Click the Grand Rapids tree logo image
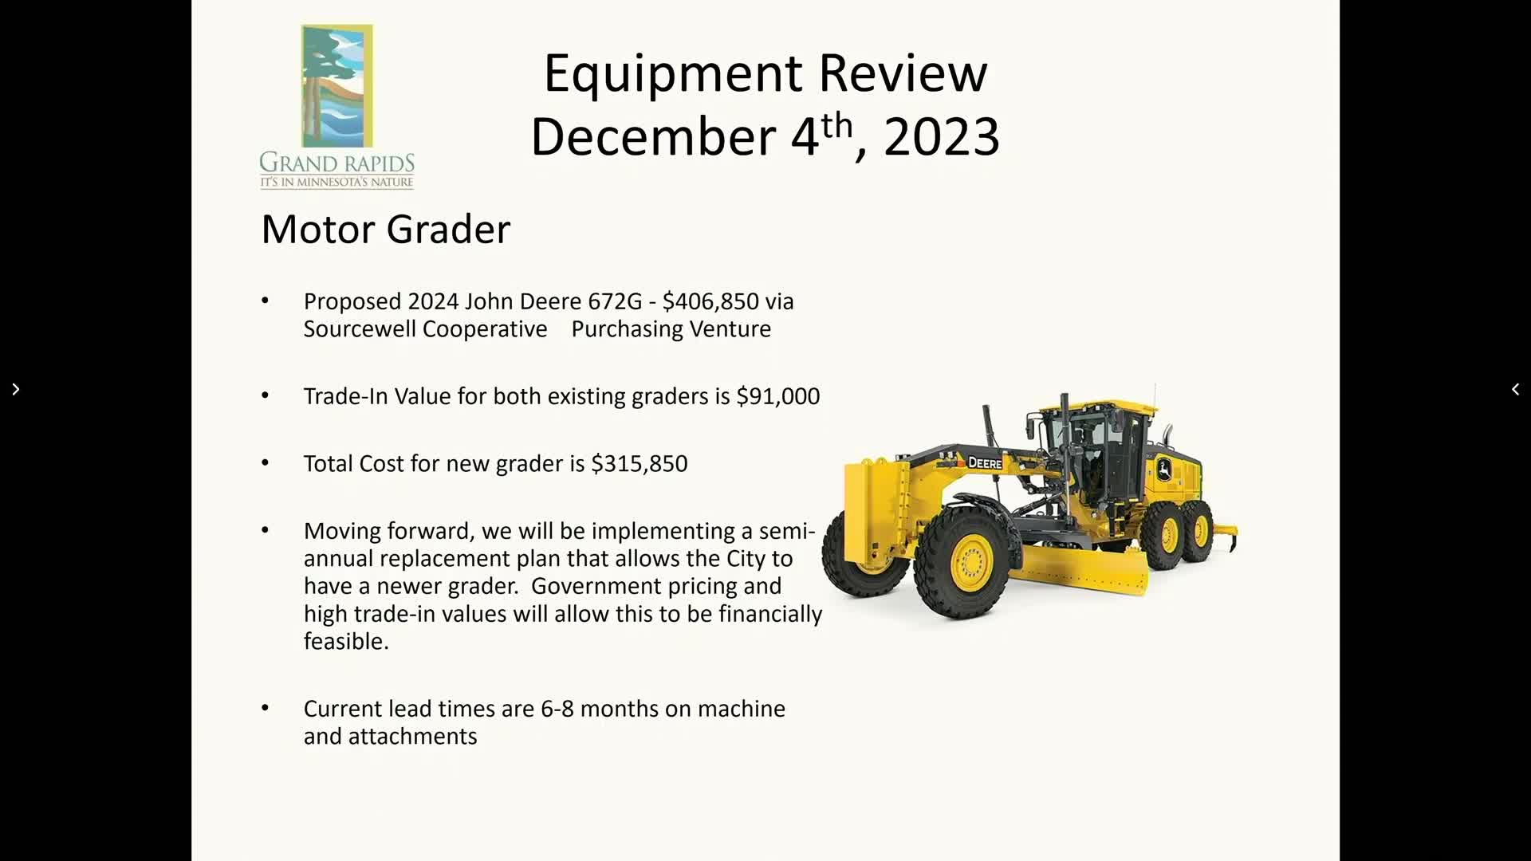click(337, 86)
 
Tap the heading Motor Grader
click(386, 230)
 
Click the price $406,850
click(710, 302)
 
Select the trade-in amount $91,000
click(777, 396)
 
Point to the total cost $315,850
click(639, 464)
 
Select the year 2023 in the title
click(942, 137)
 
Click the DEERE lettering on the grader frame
click(985, 463)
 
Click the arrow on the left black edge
click(15, 389)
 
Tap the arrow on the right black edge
click(1515, 389)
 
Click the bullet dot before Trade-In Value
click(266, 395)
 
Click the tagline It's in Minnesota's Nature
click(337, 183)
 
